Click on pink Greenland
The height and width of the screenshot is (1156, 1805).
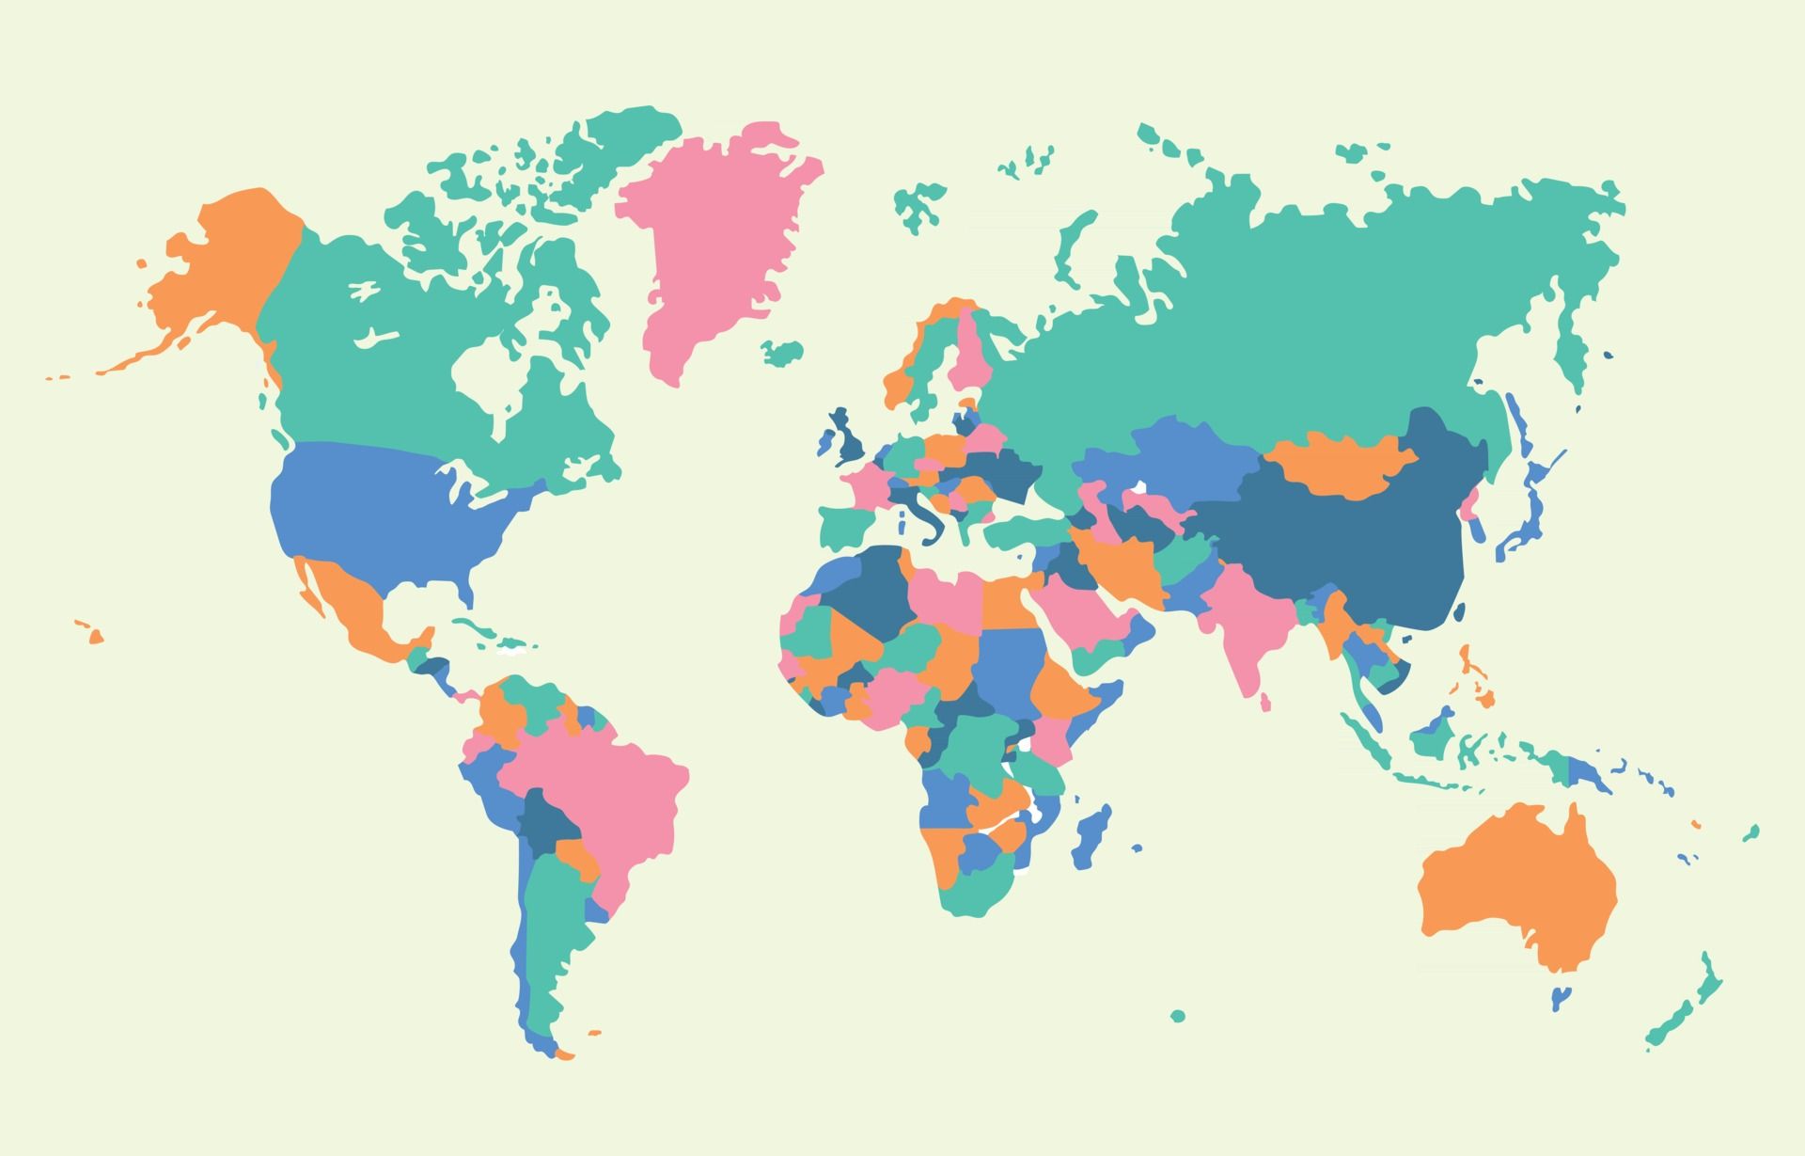[714, 235]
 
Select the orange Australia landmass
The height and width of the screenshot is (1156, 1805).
[1514, 884]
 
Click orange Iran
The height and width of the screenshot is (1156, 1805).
[1119, 564]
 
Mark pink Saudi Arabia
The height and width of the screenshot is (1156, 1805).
[1081, 611]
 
